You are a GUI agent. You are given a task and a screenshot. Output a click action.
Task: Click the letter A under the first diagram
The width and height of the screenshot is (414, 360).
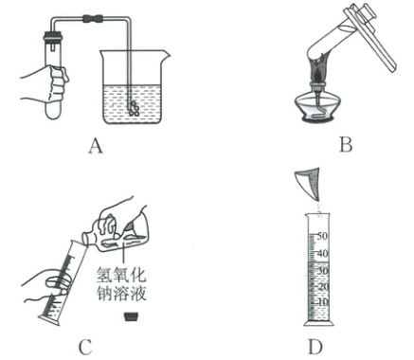pyautogui.click(x=96, y=146)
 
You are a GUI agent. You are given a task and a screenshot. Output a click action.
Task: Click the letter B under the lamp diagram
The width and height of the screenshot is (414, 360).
pyautogui.click(x=346, y=145)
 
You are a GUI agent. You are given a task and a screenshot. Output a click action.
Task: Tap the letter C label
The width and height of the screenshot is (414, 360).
pyautogui.click(x=85, y=347)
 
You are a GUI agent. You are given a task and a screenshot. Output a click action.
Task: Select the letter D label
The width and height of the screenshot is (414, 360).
pyautogui.click(x=315, y=347)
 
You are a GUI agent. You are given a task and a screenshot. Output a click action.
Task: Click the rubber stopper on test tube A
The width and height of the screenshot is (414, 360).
pyautogui.click(x=53, y=35)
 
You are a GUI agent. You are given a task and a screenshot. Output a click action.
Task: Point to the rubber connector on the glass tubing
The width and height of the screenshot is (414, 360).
pyautogui.click(x=93, y=18)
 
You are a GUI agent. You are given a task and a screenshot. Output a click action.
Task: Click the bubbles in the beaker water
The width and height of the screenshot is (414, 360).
pyautogui.click(x=135, y=108)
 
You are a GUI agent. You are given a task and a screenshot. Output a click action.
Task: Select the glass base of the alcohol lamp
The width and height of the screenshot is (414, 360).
pyautogui.click(x=317, y=109)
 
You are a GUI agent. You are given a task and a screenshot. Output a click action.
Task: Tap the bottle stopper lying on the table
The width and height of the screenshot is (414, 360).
pyautogui.click(x=131, y=316)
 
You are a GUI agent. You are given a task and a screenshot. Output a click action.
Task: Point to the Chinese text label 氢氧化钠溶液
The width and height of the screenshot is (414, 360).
pyautogui.click(x=121, y=284)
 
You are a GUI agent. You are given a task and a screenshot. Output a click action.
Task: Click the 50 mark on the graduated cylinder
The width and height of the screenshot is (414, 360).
pyautogui.click(x=322, y=236)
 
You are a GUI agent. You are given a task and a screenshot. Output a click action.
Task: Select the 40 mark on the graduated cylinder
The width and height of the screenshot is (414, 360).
pyautogui.click(x=322, y=253)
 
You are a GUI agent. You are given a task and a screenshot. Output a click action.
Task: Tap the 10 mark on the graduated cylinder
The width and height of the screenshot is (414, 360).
pyautogui.click(x=322, y=302)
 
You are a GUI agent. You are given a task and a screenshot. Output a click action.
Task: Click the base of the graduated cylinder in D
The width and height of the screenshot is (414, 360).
pyautogui.click(x=318, y=323)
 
